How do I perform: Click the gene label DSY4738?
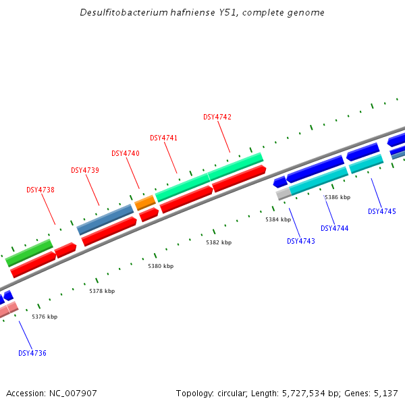[x=40, y=190]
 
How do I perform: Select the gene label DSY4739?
[x=85, y=170]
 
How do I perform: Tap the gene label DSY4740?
[x=126, y=153]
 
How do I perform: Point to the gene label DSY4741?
[x=164, y=138]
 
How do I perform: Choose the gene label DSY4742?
[x=217, y=117]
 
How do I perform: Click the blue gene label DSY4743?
[x=301, y=241]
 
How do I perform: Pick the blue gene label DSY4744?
[x=335, y=228]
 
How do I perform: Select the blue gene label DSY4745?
[x=382, y=211]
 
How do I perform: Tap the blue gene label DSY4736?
[x=32, y=353]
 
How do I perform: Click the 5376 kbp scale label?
[x=45, y=317]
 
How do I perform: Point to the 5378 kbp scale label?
[x=102, y=291]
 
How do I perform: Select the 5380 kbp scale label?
[x=161, y=266]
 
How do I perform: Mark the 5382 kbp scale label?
[x=219, y=242]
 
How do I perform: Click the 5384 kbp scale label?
[x=278, y=219]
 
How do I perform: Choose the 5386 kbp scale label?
[x=337, y=197]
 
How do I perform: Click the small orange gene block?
[x=145, y=202]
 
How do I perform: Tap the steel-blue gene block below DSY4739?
[x=105, y=219]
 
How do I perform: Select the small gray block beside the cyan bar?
[x=283, y=193]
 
